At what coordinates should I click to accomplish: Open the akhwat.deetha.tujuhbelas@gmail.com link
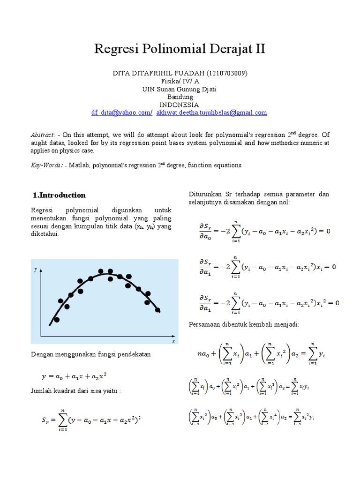212,112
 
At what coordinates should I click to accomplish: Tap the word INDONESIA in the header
180,105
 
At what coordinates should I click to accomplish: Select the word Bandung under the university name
180,97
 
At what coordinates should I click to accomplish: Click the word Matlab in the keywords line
81,165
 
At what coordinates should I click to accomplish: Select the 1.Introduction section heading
60,195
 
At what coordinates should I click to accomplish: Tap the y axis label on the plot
36,270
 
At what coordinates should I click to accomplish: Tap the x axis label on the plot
173,342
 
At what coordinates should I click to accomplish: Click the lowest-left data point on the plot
57,320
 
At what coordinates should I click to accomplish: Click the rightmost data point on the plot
157,310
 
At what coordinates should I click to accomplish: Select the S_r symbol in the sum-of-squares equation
43,421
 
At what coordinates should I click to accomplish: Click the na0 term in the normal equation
202,355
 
